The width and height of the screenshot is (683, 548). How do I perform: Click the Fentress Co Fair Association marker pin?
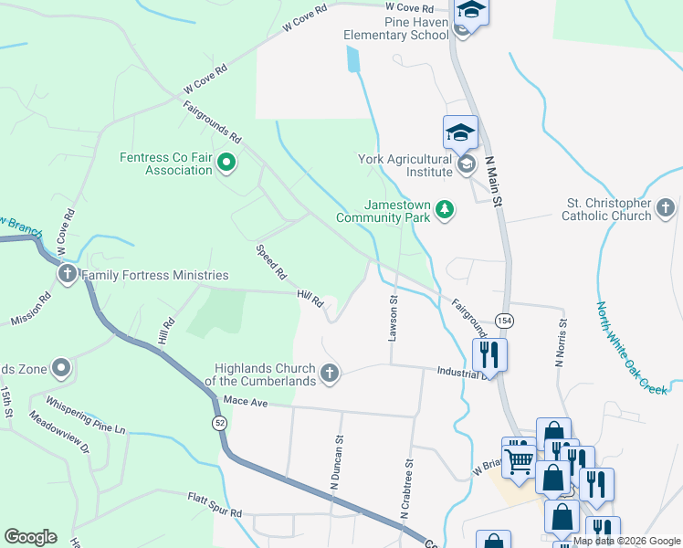(226, 164)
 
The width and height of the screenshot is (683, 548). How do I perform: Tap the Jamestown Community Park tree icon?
(445, 211)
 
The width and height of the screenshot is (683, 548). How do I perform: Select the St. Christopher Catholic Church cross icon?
(666, 209)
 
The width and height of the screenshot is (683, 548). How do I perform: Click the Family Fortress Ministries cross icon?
(68, 274)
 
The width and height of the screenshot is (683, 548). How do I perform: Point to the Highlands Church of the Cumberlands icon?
(330, 374)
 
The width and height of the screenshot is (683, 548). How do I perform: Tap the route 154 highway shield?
(503, 321)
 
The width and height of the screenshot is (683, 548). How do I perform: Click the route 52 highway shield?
(220, 424)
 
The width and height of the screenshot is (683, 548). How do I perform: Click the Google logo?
(30, 537)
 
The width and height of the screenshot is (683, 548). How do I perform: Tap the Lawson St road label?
(394, 317)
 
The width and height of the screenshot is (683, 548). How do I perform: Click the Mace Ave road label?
(243, 401)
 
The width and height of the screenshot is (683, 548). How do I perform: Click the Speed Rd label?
(272, 261)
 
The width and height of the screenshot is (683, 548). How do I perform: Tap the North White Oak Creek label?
(632, 347)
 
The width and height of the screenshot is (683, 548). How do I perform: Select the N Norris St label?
(561, 342)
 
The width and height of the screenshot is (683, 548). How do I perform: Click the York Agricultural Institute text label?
(405, 165)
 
